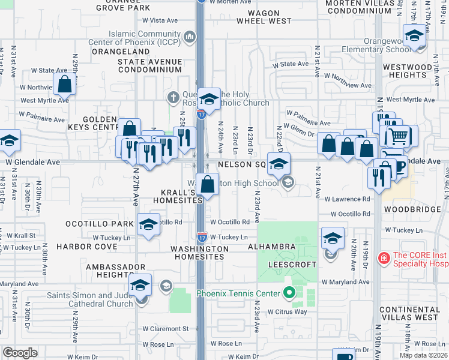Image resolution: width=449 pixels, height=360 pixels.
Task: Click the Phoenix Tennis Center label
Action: [238, 293]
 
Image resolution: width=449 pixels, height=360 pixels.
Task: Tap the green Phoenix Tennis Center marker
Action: [289, 293]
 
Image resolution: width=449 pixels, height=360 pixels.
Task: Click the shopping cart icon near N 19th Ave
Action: [397, 136]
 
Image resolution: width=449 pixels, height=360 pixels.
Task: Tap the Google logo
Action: [20, 353]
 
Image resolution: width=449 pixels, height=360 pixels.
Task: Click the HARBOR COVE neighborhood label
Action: [87, 247]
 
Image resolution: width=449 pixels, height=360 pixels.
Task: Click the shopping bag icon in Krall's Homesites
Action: [207, 185]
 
